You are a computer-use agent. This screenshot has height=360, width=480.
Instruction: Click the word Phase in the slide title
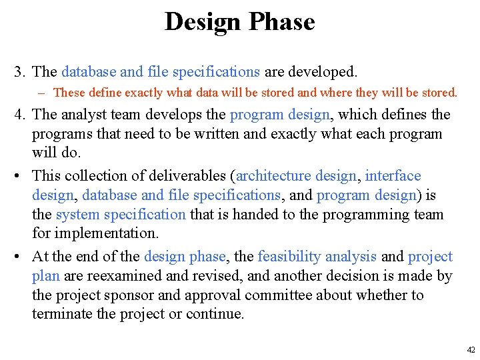click(281, 22)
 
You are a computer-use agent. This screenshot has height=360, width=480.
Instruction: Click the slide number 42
click(471, 350)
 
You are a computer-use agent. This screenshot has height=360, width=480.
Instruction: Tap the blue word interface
click(393, 176)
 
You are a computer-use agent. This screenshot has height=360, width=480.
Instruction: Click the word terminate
click(63, 314)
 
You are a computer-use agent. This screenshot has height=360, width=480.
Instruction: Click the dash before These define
click(44, 93)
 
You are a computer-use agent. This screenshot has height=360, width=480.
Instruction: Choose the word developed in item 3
click(327, 71)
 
